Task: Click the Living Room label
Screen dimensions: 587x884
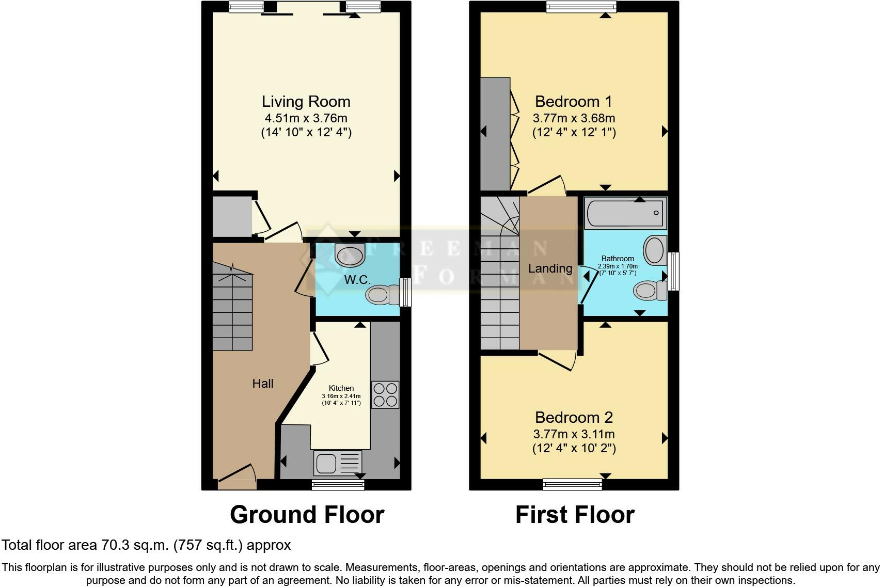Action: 306,101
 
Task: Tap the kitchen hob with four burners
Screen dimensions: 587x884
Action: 385,394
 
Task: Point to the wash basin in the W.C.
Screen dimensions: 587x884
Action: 350,254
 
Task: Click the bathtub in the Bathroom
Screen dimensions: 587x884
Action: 625,213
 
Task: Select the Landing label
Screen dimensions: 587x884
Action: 550,268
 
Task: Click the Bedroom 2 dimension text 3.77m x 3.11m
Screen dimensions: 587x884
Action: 574,434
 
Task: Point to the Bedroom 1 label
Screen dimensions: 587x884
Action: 573,101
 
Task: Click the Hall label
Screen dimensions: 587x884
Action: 263,384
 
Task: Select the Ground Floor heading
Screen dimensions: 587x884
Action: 307,515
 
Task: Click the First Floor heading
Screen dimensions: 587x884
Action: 574,515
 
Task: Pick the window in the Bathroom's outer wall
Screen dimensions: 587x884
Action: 673,271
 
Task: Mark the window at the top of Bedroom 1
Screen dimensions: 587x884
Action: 581,6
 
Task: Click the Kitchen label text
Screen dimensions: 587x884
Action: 341,388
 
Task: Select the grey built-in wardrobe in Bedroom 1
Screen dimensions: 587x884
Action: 495,134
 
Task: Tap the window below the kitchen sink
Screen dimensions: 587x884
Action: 338,484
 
